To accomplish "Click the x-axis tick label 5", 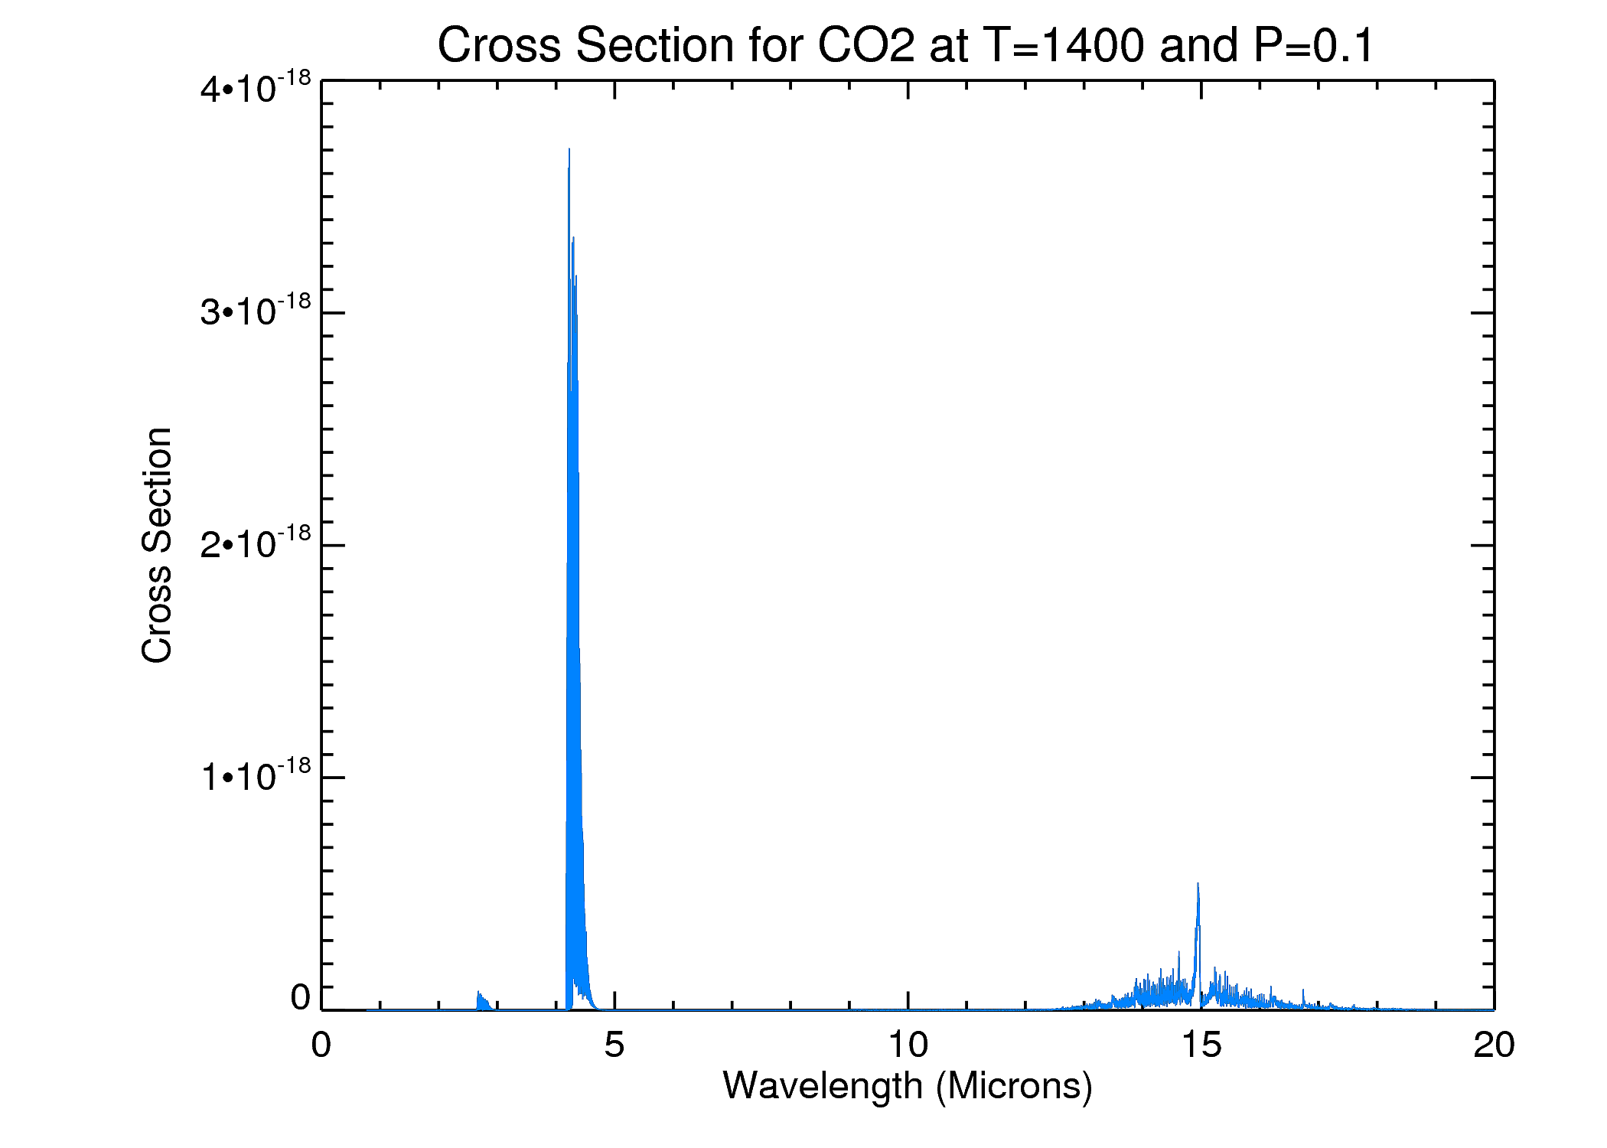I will [614, 1045].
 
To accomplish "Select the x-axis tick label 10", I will [908, 1045].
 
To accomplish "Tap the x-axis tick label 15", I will [1201, 1045].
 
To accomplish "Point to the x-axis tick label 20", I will [1494, 1045].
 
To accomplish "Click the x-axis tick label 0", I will [321, 1045].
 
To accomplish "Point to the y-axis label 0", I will [301, 998].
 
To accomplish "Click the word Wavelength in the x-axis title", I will [823, 1086].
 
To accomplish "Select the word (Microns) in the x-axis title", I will [1014, 1086].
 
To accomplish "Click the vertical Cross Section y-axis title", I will [157, 545].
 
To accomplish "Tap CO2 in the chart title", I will [866, 45].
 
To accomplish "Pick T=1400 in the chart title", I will [1064, 45].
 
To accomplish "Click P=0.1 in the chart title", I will [1313, 45].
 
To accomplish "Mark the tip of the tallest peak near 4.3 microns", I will [569, 150].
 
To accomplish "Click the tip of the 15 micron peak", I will [1198, 885].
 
